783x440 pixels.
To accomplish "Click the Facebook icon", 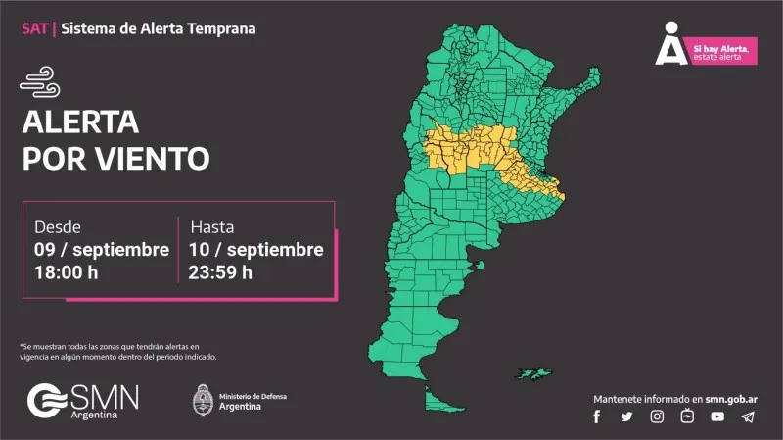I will coord(596,416).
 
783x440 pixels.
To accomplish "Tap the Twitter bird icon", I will coord(626,416).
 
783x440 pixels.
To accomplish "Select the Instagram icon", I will coord(658,416).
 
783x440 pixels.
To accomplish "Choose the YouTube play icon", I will coord(717,416).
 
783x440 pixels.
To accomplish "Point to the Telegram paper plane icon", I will coord(748,416).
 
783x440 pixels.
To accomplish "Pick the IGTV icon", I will coord(687,416).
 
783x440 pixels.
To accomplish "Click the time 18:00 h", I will coord(67,272).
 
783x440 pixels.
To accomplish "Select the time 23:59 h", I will coord(221,272).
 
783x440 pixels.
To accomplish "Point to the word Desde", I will coord(58,226).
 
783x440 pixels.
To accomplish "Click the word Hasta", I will coord(212,226).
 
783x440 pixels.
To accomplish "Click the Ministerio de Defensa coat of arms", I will coord(203,399).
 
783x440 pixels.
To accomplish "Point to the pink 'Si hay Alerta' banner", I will coord(722,52).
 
